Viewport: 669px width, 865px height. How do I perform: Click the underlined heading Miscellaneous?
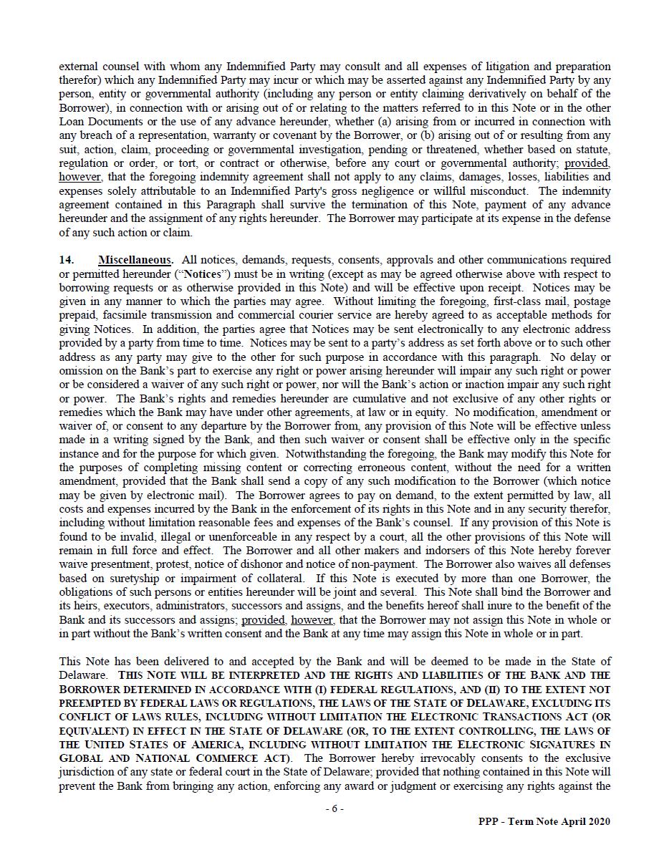135,260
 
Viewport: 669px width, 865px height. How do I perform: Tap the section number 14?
66,260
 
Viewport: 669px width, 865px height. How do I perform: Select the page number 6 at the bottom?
334,808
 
